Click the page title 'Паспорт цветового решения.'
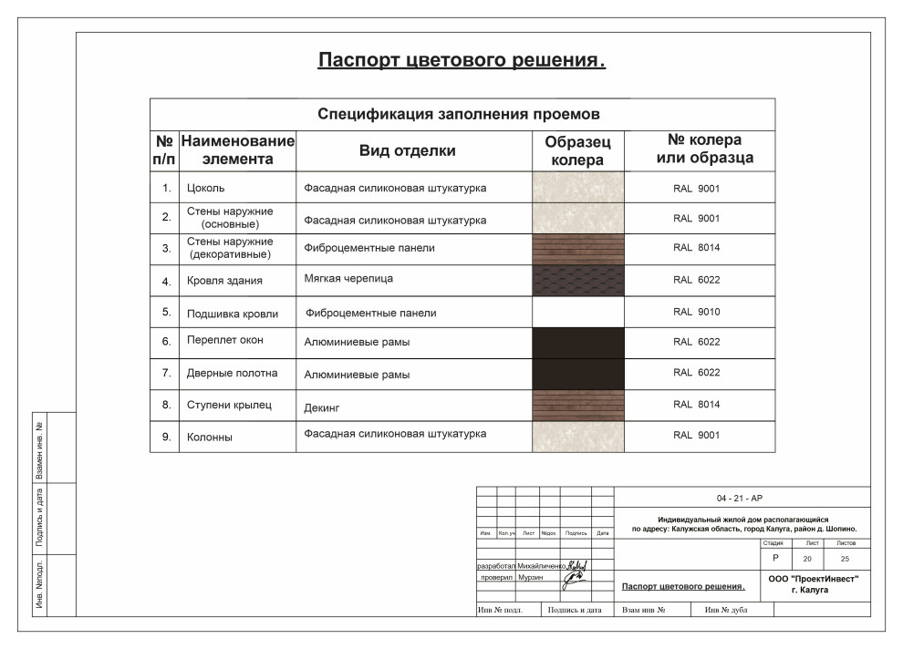[462, 61]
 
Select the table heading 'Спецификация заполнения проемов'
[458, 115]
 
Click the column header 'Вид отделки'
[407, 151]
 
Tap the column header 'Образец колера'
[577, 151]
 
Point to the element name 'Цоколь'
[205, 189]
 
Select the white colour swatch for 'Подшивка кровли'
[577, 312]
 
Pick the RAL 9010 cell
[697, 312]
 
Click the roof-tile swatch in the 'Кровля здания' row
[577, 280]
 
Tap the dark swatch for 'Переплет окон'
[577, 342]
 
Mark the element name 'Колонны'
[210, 438]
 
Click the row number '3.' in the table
[166, 249]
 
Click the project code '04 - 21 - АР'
[740, 499]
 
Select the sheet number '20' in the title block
[806, 558]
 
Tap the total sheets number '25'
[846, 558]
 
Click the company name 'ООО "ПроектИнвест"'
[814, 578]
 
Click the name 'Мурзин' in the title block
[531, 578]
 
